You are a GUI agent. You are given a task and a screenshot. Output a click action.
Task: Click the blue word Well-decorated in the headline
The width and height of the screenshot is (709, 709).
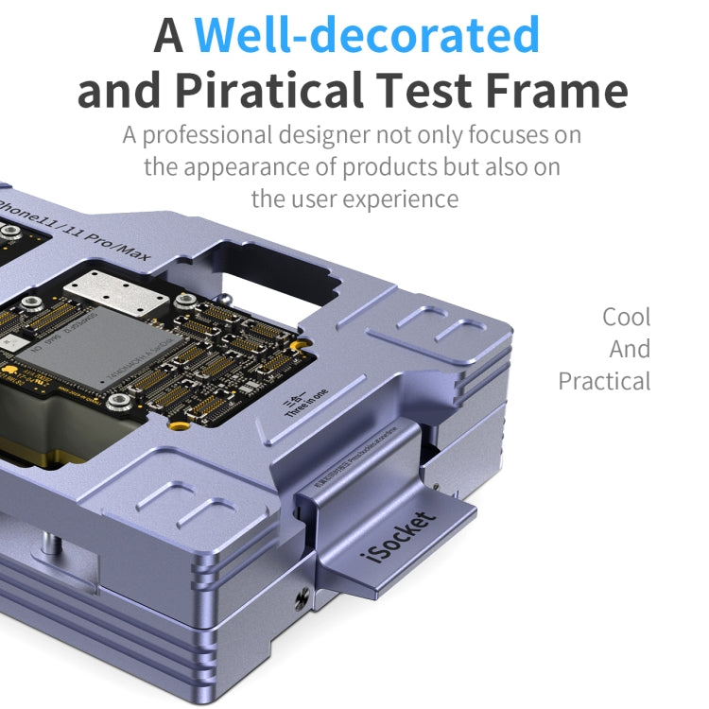tap(367, 35)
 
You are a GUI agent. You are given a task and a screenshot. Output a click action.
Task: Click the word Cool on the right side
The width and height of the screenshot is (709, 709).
tap(626, 317)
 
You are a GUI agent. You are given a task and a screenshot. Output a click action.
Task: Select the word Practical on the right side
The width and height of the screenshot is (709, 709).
tap(604, 382)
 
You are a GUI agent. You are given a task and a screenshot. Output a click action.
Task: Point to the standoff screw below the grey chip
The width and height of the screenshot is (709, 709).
tap(117, 404)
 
